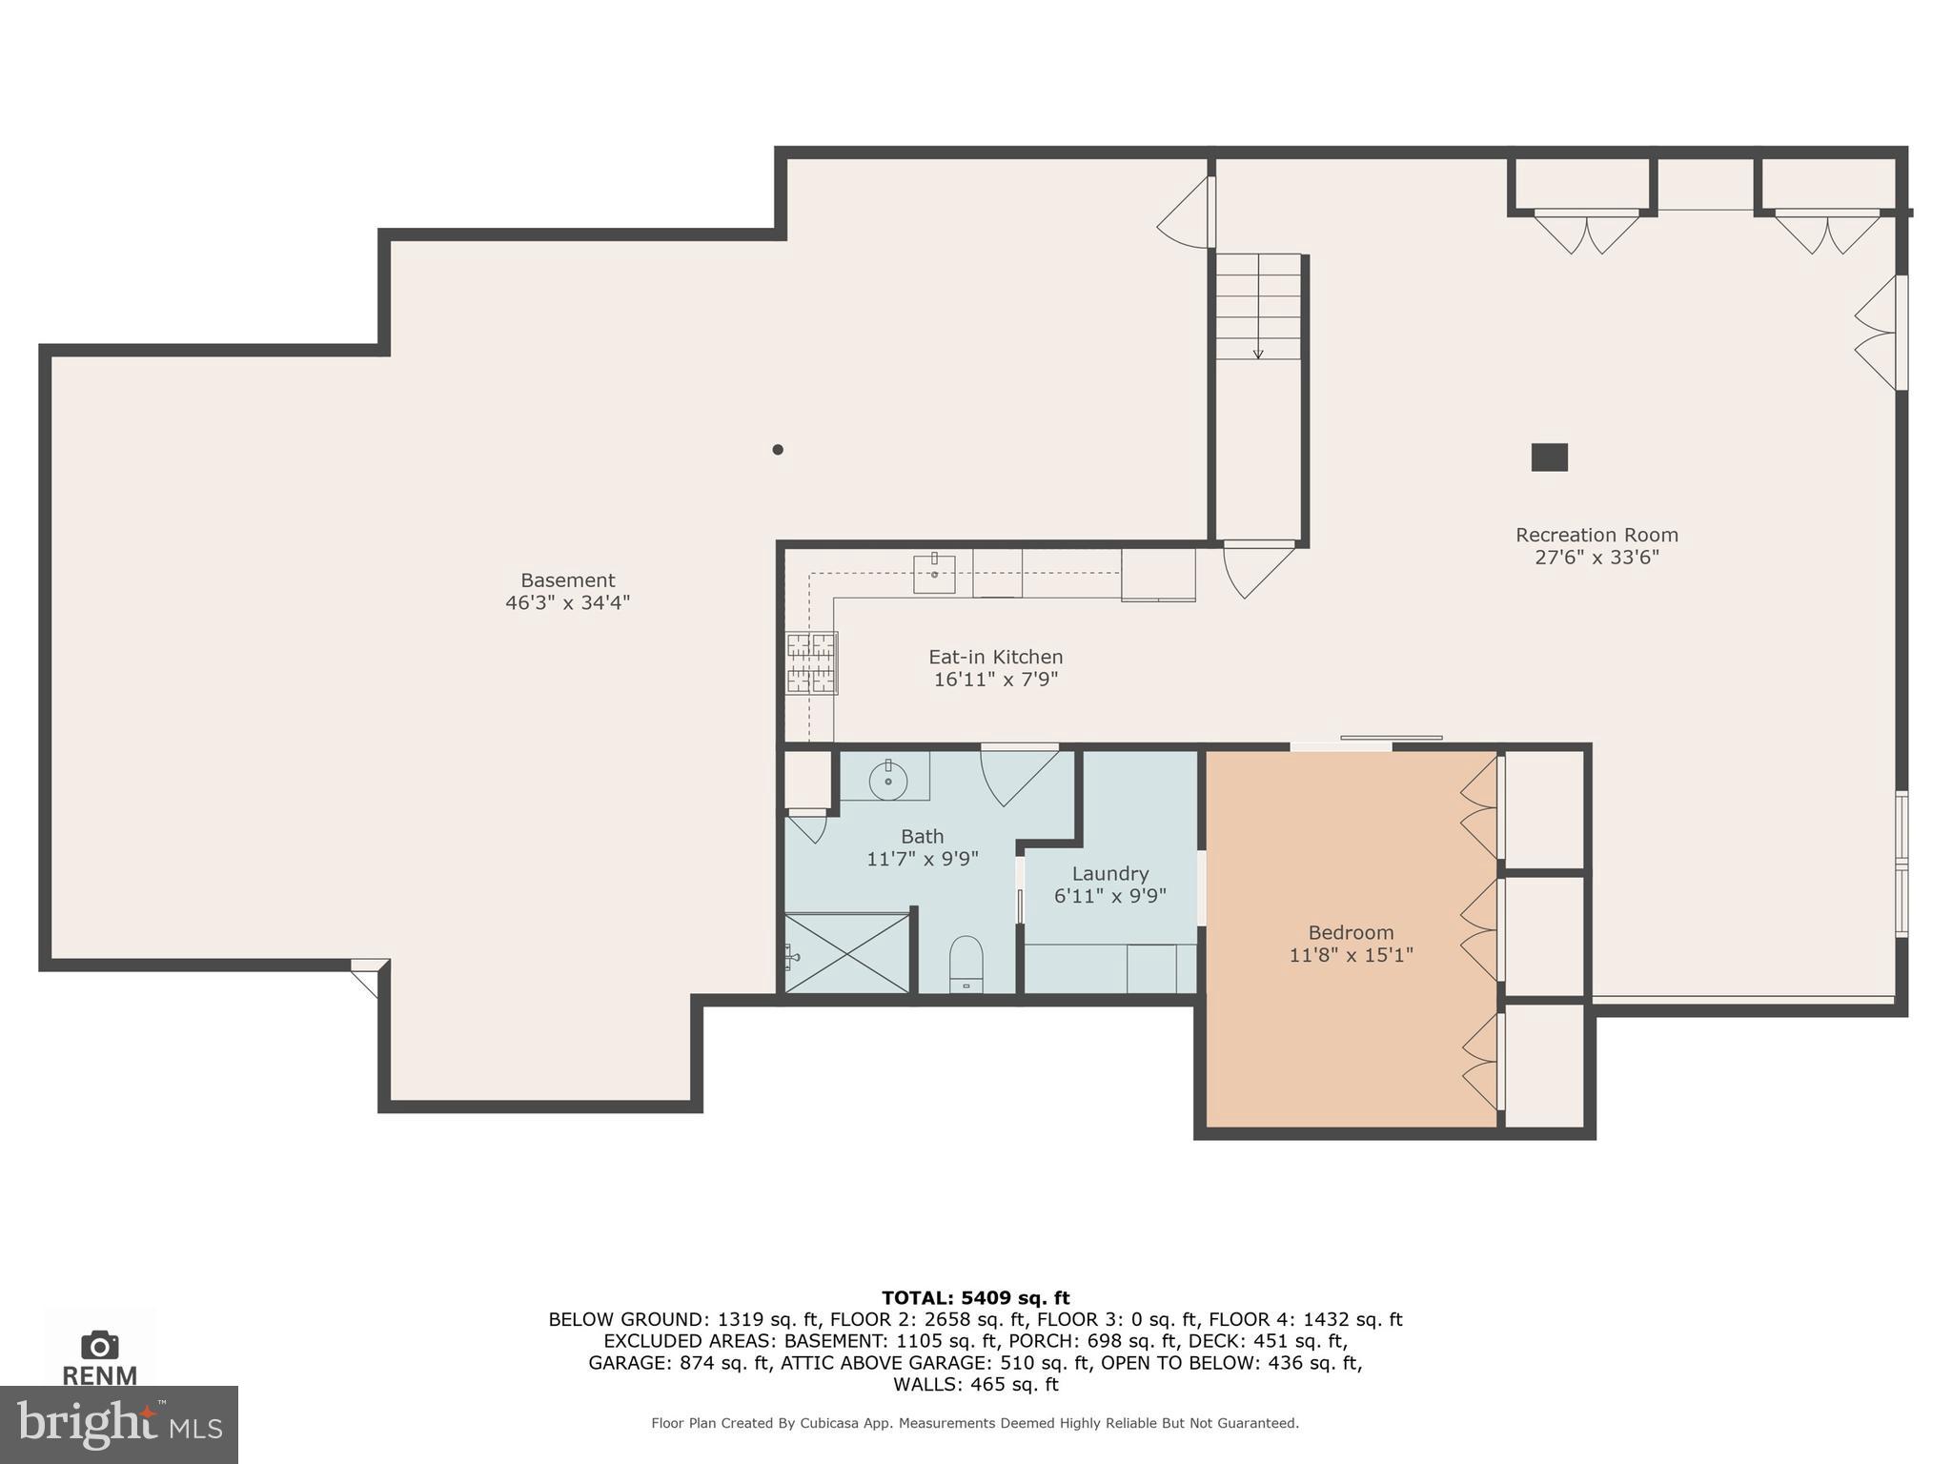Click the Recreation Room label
[x=1596, y=536]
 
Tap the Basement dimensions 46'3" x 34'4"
[x=567, y=603]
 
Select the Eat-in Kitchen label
[x=995, y=658]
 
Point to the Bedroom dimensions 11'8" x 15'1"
[x=1351, y=955]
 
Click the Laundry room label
[x=1109, y=874]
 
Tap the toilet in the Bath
[x=966, y=963]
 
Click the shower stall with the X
[x=846, y=954]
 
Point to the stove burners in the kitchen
[x=811, y=662]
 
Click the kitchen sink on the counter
[x=934, y=574]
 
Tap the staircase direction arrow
[x=1258, y=353]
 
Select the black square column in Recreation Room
[x=1549, y=457]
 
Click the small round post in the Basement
[x=778, y=450]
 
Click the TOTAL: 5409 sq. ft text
[x=975, y=1298]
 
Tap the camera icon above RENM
[x=99, y=1345]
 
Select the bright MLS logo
[x=118, y=1424]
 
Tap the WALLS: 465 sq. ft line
[x=975, y=1385]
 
